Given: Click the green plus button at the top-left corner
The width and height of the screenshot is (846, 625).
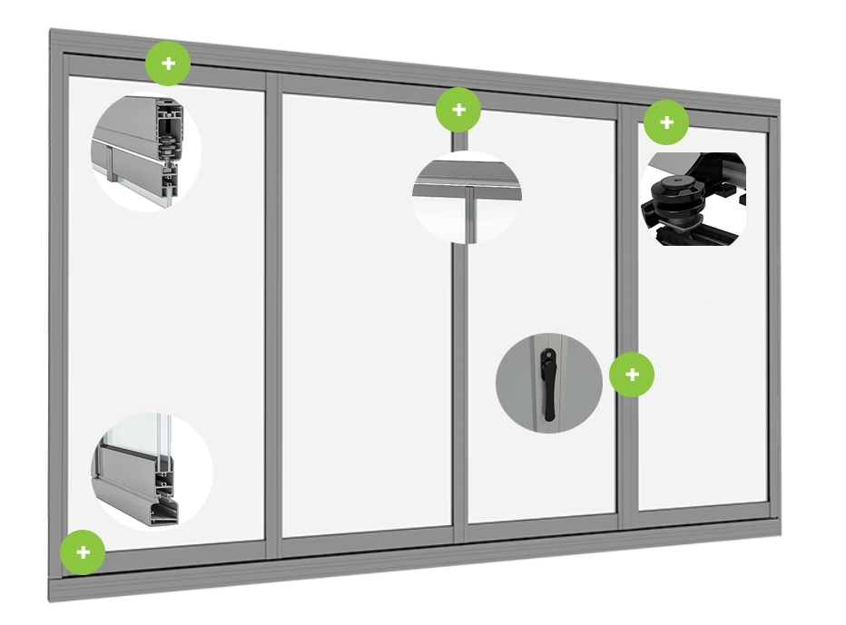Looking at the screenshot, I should [x=168, y=63].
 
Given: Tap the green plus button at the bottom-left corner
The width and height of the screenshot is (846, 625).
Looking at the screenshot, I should [x=83, y=552].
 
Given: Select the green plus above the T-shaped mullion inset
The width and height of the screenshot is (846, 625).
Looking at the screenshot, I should [x=458, y=111].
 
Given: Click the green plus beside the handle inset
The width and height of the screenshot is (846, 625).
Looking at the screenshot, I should [x=632, y=375].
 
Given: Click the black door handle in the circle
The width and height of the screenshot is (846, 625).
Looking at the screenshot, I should [x=548, y=385].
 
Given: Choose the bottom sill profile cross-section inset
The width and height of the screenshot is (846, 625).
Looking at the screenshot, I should [x=150, y=472].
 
